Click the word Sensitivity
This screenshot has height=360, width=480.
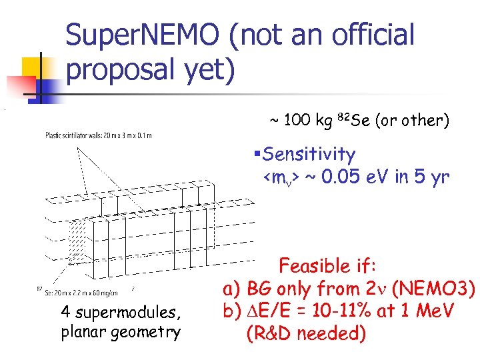[309, 155]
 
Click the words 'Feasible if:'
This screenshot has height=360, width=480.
[327, 267]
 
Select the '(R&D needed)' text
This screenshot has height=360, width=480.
[306, 333]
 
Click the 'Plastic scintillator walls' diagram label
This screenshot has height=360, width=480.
[98, 135]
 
